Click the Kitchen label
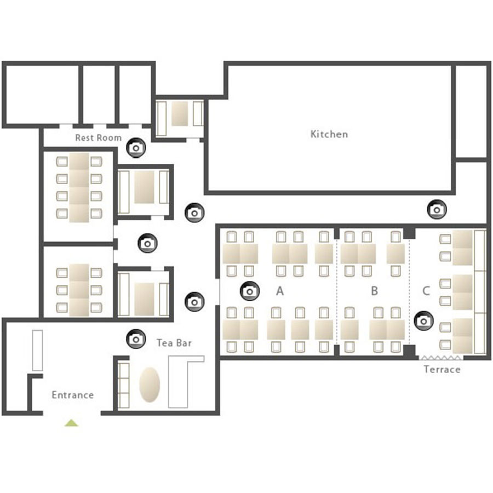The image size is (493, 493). [329, 134]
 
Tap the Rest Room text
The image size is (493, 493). [99, 137]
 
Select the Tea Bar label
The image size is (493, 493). [174, 343]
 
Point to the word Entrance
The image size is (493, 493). [73, 395]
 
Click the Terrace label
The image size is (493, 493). [442, 369]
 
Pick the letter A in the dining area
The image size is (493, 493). [280, 291]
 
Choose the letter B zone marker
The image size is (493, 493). [374, 291]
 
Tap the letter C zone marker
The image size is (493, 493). [426, 291]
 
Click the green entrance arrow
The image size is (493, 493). [71, 423]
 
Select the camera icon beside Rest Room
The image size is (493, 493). [136, 147]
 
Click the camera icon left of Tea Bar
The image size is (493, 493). [136, 339]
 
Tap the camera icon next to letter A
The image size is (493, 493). [250, 291]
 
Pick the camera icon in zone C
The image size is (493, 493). [424, 321]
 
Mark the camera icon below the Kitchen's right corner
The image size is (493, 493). [437, 209]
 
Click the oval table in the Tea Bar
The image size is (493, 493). [150, 385]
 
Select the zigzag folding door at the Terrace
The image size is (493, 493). [441, 358]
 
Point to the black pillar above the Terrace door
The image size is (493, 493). [409, 352]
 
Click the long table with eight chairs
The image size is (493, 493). [79, 187]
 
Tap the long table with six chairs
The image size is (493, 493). [79, 290]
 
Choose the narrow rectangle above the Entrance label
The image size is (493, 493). [37, 350]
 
